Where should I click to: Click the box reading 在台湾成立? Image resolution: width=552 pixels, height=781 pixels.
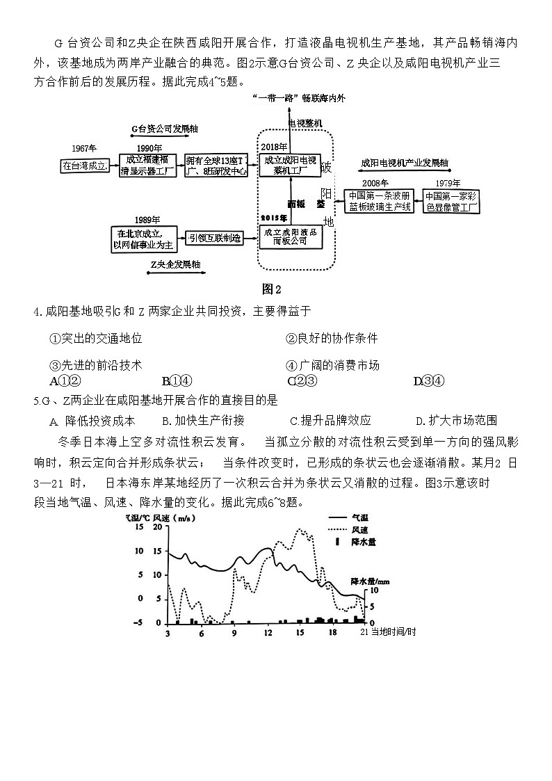click(84, 166)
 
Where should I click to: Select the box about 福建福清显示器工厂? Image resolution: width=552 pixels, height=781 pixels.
click(147, 166)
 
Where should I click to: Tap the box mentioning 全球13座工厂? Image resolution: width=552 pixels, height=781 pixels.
click(216, 166)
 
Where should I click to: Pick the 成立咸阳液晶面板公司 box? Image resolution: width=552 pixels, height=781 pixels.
click(293, 236)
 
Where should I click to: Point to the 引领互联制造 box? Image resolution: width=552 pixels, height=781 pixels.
click(218, 238)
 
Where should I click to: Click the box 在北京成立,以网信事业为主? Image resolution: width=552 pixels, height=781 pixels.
click(145, 238)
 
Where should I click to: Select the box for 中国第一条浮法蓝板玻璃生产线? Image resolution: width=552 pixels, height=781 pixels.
click(380, 201)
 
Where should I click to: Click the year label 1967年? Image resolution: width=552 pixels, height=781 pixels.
click(84, 148)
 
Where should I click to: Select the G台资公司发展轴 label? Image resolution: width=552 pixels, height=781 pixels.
click(163, 129)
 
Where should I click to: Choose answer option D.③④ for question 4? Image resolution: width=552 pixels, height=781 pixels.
click(428, 380)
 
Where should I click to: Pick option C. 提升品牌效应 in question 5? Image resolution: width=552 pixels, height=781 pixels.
click(330, 420)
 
